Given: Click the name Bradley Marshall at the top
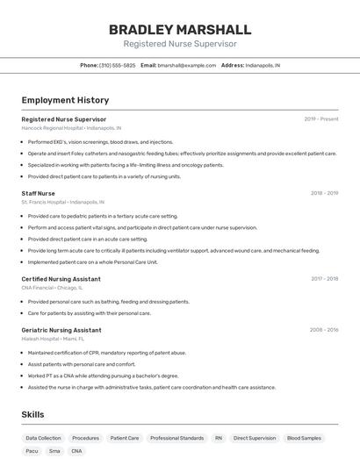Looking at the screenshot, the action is (x=180, y=29).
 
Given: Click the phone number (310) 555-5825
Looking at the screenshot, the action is (x=118, y=65).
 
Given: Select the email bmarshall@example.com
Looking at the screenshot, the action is (x=187, y=65).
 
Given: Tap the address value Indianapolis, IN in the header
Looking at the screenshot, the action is (x=263, y=65).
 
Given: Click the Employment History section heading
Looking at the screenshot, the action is (x=65, y=100).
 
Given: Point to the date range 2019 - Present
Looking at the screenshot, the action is (x=320, y=118).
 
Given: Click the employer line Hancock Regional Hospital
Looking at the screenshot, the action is (x=71, y=128).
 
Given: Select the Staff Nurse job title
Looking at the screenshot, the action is (x=38, y=193).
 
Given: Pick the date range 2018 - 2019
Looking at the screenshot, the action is (x=324, y=193).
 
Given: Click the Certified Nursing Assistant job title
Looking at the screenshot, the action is (x=61, y=279).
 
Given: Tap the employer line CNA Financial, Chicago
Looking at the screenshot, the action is (x=52, y=288).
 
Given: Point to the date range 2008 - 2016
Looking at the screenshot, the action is (x=323, y=330).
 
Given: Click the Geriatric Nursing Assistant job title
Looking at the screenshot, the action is (x=61, y=330).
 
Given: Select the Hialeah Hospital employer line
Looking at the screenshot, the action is (x=53, y=339).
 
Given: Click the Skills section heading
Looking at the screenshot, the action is (x=33, y=414).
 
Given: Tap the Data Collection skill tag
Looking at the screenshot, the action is (x=43, y=438).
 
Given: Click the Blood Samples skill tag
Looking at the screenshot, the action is (x=304, y=438).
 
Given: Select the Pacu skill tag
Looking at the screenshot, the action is (x=32, y=451).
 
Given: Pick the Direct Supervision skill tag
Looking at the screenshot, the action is (x=254, y=438).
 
